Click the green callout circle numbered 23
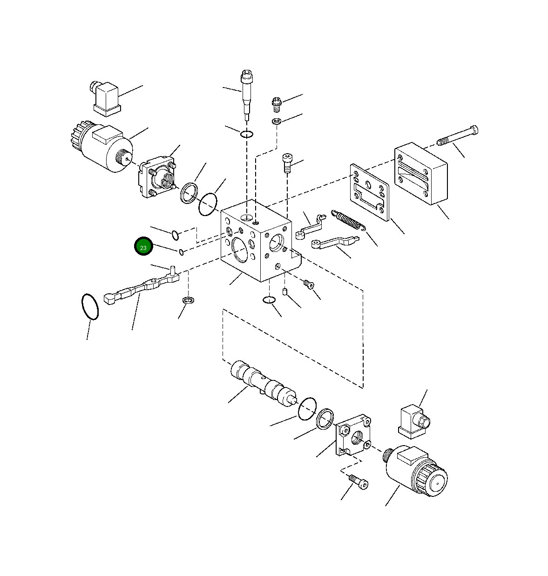coord(143,247)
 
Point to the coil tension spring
coord(348,220)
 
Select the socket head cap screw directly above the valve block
coord(287,163)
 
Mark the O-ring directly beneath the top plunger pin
coord(247,135)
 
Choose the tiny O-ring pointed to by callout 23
coord(181,252)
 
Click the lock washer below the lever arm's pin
coord(189,299)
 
